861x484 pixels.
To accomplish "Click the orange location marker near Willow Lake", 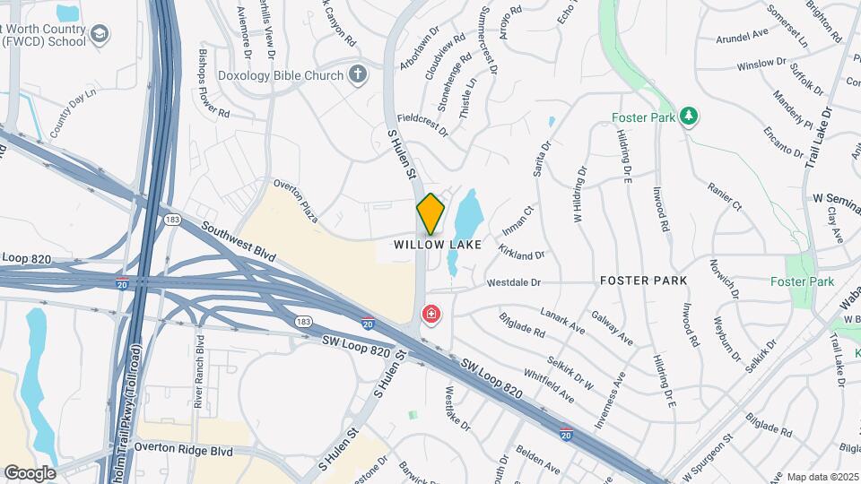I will (431, 213).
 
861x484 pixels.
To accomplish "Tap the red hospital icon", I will (431, 315).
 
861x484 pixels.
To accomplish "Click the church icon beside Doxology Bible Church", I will (358, 74).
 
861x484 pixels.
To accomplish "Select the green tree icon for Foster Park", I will (689, 117).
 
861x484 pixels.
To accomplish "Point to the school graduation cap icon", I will (100, 35).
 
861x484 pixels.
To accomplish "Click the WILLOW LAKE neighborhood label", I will (438, 245).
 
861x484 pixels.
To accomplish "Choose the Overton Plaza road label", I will (296, 199).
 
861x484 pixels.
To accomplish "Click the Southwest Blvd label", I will (239, 241).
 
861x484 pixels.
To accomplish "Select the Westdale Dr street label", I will (514, 282).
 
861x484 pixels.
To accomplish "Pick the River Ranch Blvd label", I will (200, 371).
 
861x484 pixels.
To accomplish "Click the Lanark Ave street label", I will (562, 319).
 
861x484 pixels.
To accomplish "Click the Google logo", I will (30, 472).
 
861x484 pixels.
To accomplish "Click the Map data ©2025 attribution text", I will (821, 477).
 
